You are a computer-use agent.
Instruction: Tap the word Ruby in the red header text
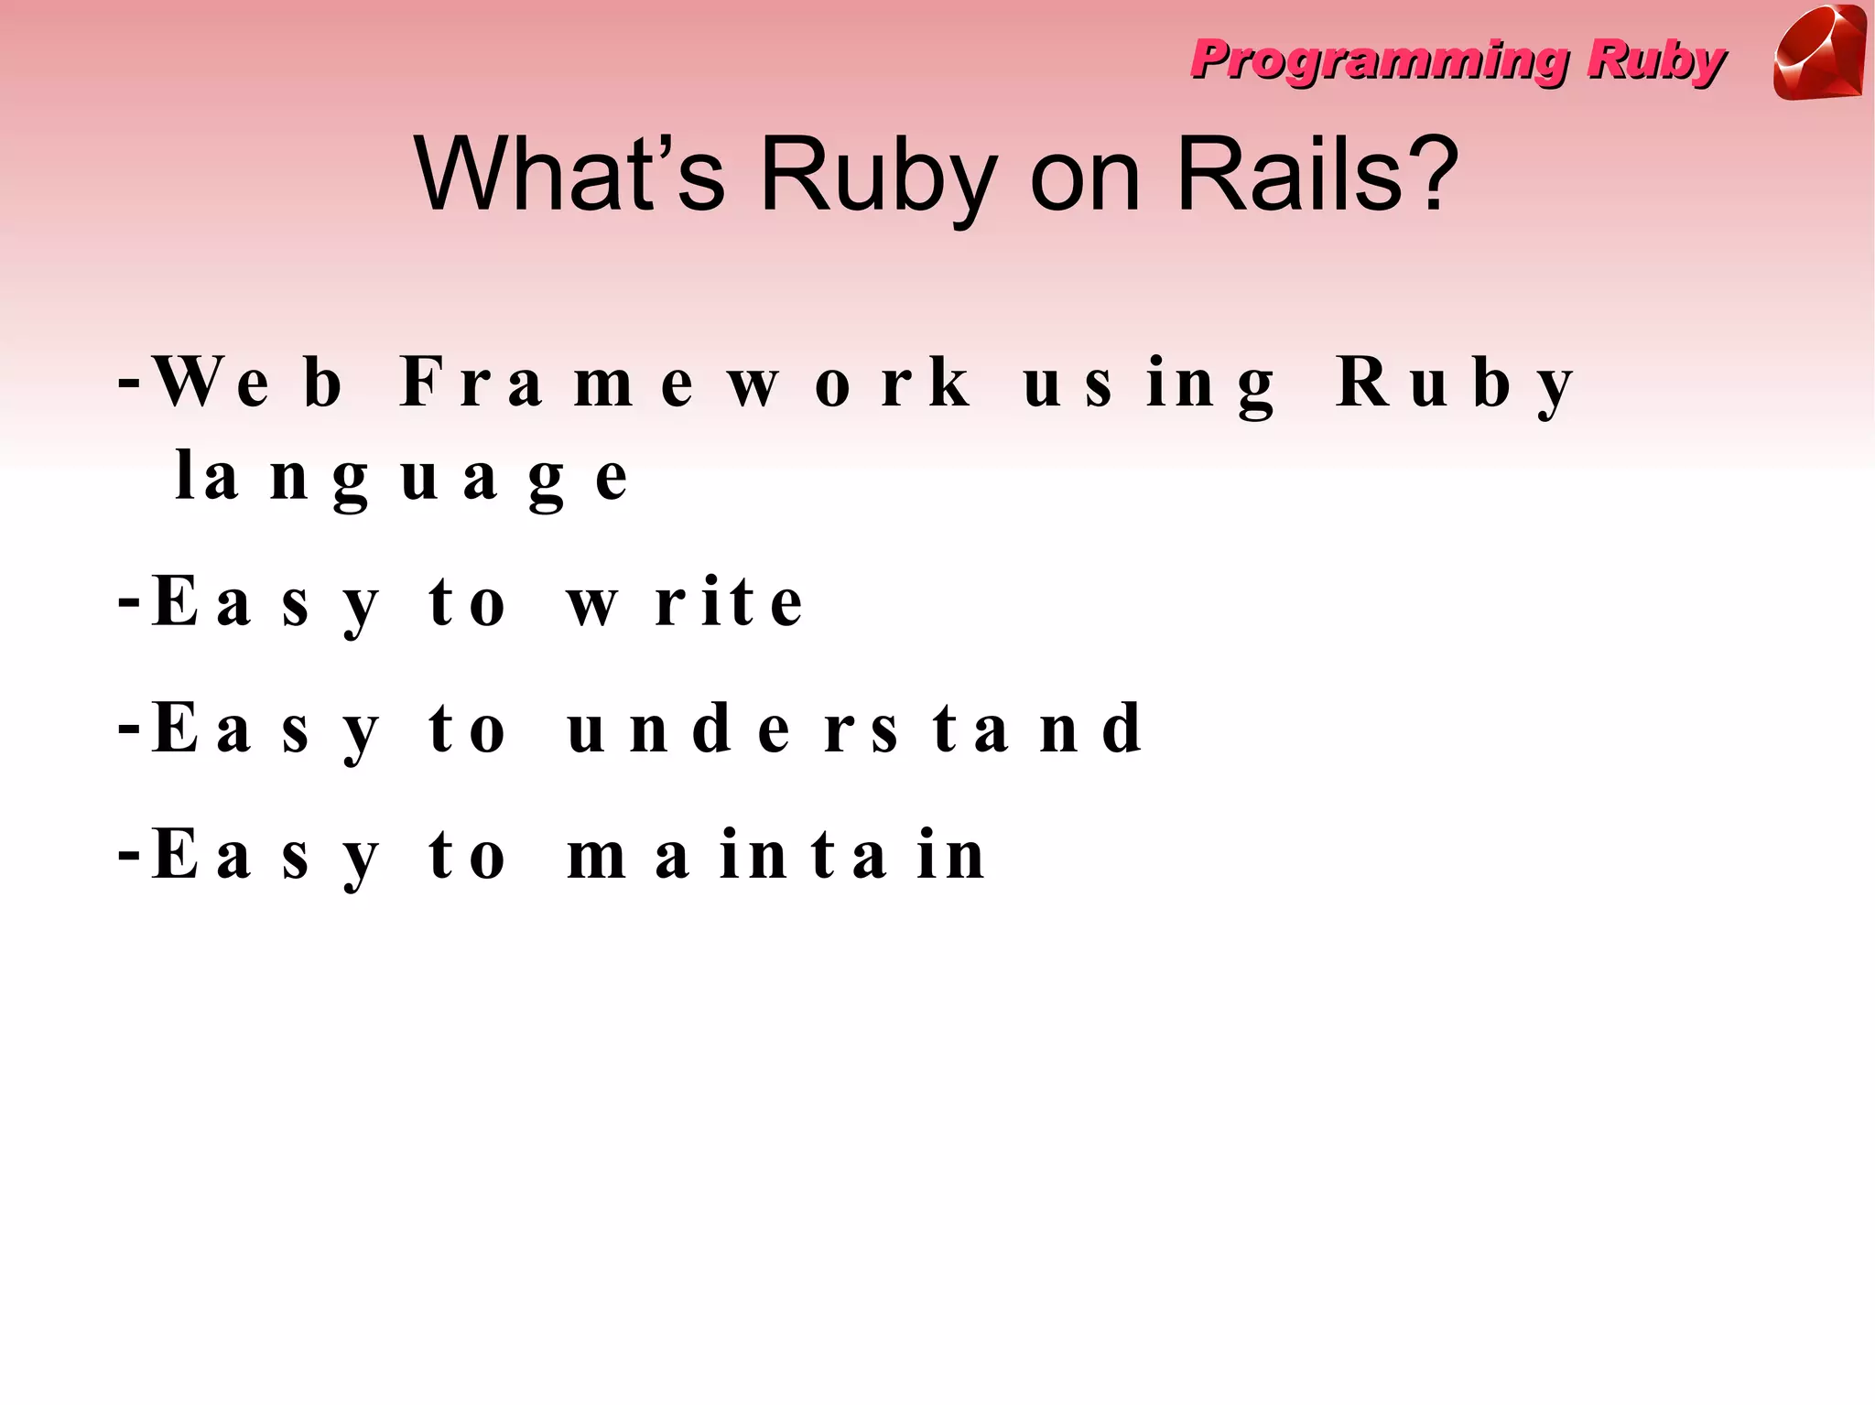1655,61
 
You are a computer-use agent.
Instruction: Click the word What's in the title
569,174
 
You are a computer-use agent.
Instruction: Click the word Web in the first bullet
247,382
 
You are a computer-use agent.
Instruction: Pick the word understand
855,729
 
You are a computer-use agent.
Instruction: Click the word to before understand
467,730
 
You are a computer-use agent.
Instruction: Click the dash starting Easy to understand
129,730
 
